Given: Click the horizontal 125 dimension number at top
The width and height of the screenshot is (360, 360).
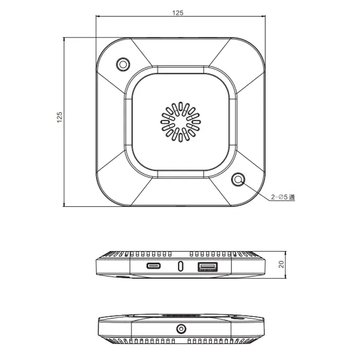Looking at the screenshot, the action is pos(178,13).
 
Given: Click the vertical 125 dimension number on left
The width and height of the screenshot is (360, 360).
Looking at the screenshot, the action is pos(60,117).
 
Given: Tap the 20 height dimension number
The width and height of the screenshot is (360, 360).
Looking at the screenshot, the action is pos(281,264).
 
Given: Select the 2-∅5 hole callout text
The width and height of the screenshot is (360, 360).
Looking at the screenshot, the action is pos(283,197).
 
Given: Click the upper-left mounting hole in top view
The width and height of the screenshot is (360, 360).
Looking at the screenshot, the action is pos(123,64).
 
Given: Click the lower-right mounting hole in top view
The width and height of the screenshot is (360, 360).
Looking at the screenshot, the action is pos(238,179).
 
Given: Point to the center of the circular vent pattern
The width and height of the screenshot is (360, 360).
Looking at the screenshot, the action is pos(181,122).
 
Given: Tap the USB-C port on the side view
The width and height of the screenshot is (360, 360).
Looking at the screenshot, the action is pos(154,266).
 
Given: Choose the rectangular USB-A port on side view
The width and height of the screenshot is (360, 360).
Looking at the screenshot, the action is pos(208,267).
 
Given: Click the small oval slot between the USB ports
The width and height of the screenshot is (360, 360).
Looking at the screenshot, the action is pos(181,266).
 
